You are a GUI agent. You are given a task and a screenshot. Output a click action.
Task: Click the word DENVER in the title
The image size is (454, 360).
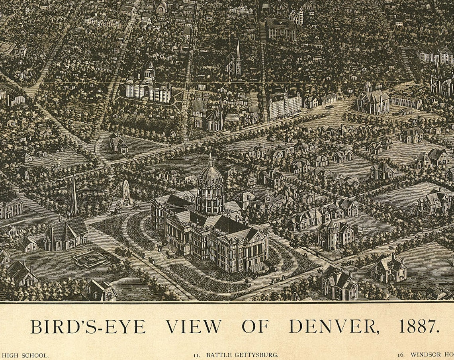[334, 326]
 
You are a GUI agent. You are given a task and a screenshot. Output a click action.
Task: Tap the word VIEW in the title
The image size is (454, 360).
[194, 326]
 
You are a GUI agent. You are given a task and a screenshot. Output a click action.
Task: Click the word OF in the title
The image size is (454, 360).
[255, 326]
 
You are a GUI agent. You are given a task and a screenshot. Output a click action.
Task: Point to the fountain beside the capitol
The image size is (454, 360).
[126, 195]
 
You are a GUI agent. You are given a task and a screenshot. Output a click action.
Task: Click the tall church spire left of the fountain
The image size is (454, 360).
[73, 197]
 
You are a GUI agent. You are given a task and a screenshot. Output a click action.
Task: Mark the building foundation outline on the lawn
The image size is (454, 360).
[91, 258]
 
